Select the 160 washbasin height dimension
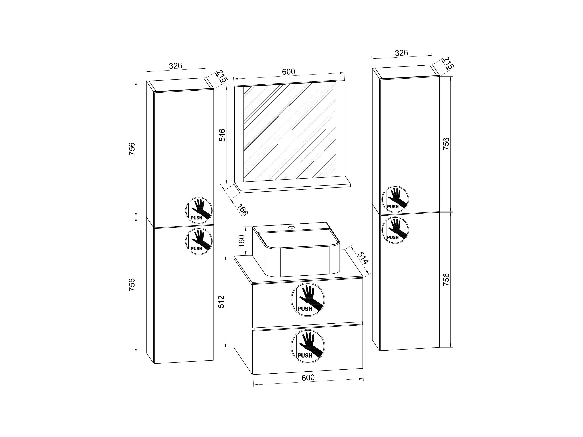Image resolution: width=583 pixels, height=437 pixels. pyautogui.click(x=241, y=241)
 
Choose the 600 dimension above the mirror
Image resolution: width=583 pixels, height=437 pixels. pyautogui.click(x=289, y=72)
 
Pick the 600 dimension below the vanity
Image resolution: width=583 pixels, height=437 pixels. pyautogui.click(x=308, y=377)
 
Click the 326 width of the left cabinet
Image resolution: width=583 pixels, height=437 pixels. pyautogui.click(x=176, y=66)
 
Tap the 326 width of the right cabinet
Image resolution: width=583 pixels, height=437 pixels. pyautogui.click(x=401, y=53)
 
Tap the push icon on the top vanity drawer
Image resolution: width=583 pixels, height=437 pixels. pyautogui.click(x=308, y=300)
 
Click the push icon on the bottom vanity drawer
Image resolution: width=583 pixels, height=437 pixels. pyautogui.click(x=308, y=346)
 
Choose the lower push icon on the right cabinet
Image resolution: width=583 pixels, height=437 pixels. pyautogui.click(x=395, y=230)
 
